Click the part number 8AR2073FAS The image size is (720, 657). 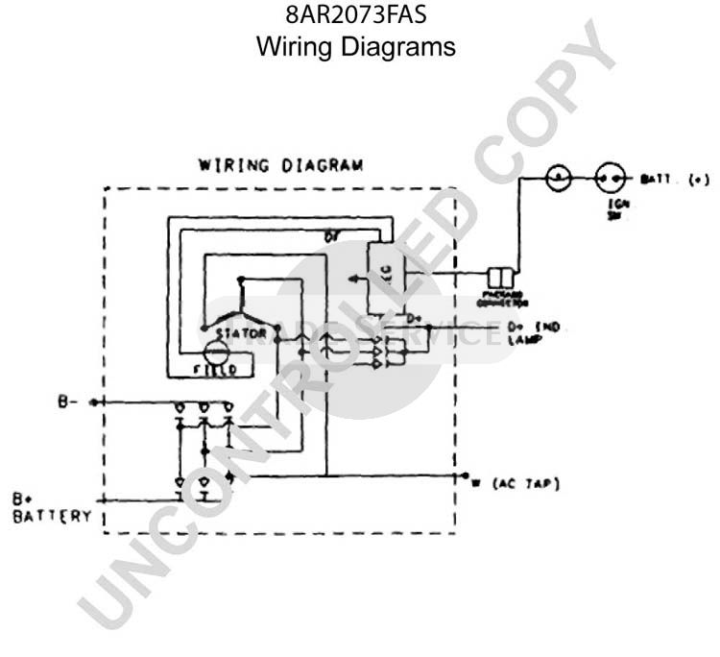point(357,16)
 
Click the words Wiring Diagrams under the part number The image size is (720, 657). point(357,45)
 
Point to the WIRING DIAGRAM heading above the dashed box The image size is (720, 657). point(281,164)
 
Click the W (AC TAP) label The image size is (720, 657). point(511,482)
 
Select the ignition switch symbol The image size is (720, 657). point(608,178)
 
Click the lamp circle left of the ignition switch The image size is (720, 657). point(559,178)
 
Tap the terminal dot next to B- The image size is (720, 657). point(93,402)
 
